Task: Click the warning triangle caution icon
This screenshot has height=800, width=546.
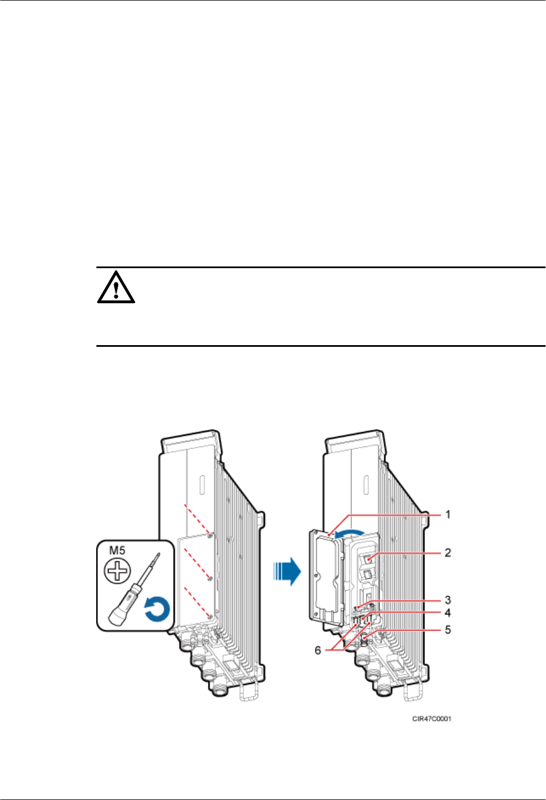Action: (x=116, y=287)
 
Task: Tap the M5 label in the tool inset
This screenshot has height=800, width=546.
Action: (x=117, y=550)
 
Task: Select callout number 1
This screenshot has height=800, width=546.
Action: (x=448, y=514)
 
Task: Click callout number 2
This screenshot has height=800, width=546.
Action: (x=448, y=552)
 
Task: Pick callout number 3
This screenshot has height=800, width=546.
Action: (x=448, y=600)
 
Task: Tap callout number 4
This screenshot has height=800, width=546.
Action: (x=448, y=613)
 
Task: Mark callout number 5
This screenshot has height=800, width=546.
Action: (x=448, y=630)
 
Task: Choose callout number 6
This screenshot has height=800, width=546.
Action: (x=318, y=650)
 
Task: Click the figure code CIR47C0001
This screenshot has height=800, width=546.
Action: (x=432, y=719)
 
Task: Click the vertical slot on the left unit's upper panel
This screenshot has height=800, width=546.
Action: (x=201, y=485)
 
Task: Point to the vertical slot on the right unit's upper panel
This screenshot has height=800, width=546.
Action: (x=366, y=485)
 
